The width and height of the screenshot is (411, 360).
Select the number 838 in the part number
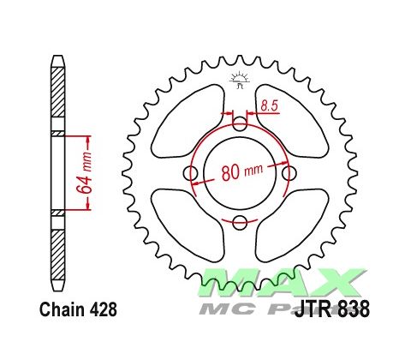(x=354, y=309)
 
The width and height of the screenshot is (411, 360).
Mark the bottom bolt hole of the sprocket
(x=239, y=224)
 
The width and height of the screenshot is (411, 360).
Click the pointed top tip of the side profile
(x=57, y=59)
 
